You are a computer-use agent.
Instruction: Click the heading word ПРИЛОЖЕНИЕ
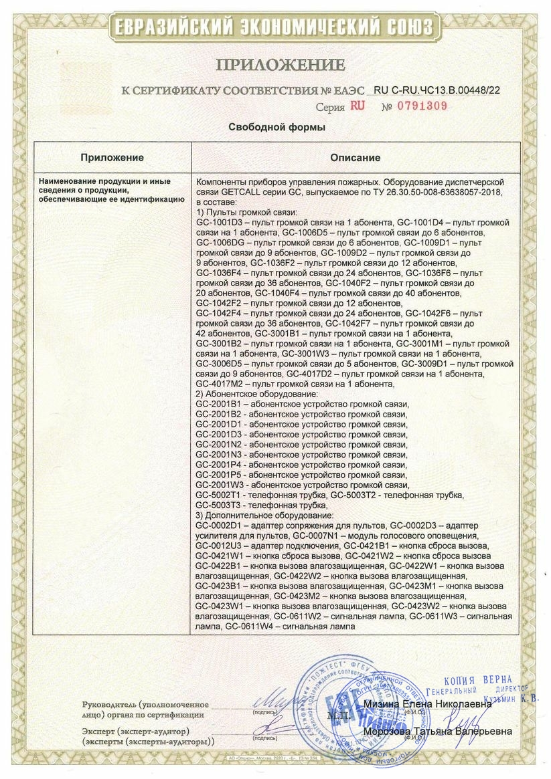(280, 65)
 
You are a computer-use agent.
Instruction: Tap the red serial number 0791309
(414, 106)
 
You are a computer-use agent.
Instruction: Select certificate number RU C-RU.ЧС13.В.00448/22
(437, 89)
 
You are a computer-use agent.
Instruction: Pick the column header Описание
(356, 158)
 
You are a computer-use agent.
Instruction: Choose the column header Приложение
(112, 158)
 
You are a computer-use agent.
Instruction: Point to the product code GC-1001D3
(218, 221)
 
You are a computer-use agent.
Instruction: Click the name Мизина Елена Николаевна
(428, 704)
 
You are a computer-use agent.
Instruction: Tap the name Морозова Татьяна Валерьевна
(438, 731)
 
